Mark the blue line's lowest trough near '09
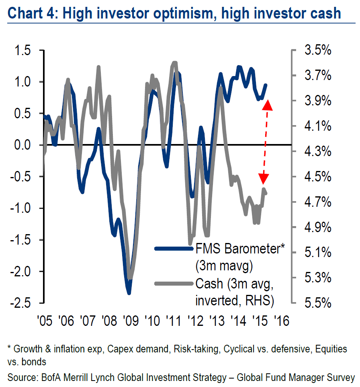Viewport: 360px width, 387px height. [129, 293]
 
